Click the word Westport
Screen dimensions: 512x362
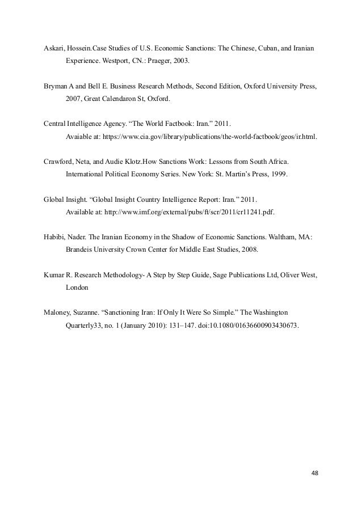120,59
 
